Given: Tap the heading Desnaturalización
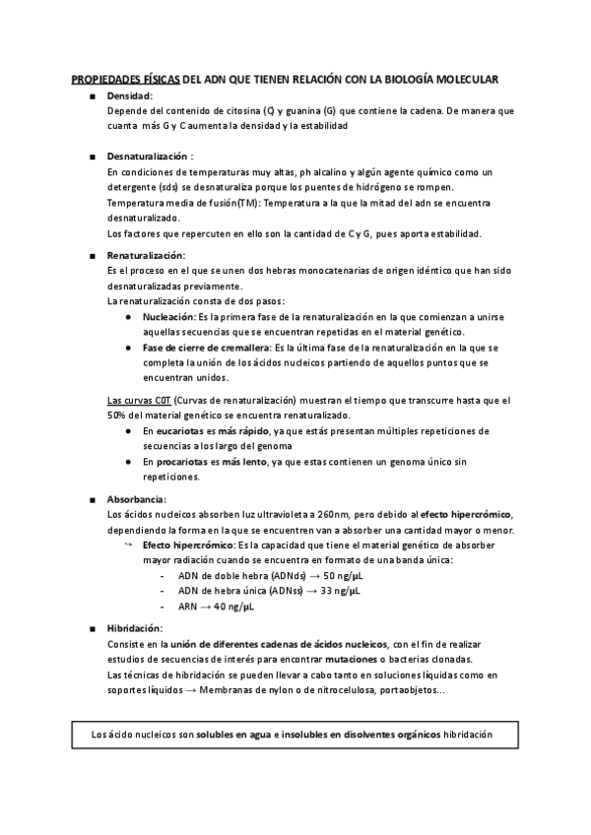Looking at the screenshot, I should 147,156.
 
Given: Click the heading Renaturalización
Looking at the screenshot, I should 146,255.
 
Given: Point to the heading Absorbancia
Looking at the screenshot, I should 136,499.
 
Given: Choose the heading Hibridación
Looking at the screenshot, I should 135,628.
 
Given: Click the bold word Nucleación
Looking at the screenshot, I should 168,318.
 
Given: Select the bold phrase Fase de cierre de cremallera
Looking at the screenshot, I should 207,348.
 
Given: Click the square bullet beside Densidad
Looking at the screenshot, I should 92,96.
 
